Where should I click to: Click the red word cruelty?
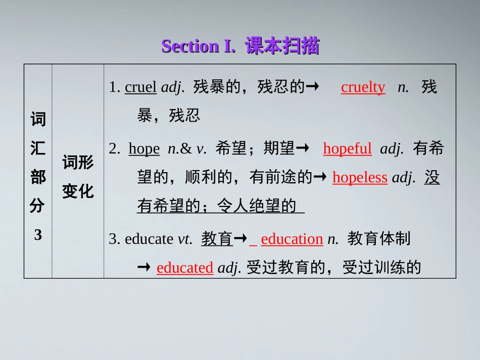(363, 87)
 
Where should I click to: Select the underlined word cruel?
(140, 87)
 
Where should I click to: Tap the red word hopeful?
(347, 148)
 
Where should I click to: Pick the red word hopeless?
(360, 178)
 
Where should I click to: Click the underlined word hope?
(144, 148)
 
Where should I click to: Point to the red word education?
(292, 239)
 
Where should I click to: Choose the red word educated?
(185, 268)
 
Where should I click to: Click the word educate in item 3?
(149, 239)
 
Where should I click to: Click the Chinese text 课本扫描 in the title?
(282, 46)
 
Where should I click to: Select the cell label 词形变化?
(78, 177)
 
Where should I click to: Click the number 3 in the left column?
(38, 234)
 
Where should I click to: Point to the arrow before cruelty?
(313, 87)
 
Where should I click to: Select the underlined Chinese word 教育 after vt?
(217, 239)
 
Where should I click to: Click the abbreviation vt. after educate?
(185, 239)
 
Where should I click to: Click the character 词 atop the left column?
(38, 120)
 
